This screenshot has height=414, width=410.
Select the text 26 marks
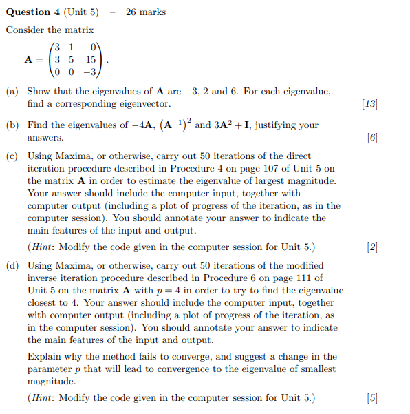(x=146, y=12)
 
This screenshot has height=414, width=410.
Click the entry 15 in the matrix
(x=91, y=59)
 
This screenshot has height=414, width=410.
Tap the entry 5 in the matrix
(x=71, y=59)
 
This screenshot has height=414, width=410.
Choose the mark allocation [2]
(x=372, y=247)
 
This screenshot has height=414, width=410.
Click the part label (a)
(x=12, y=92)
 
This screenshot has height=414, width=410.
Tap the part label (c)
(x=12, y=156)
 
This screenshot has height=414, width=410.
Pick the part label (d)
(x=12, y=266)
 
